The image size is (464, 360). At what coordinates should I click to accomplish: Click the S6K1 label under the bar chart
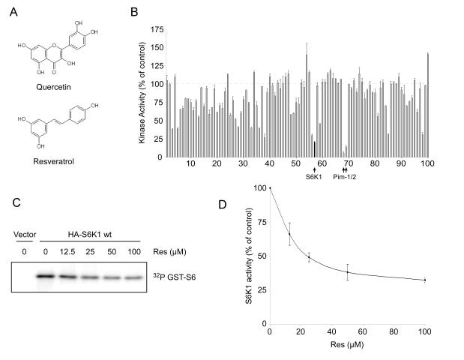(x=314, y=178)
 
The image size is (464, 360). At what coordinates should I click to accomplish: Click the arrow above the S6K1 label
(x=314, y=169)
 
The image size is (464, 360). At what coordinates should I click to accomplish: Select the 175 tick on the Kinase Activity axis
(x=157, y=28)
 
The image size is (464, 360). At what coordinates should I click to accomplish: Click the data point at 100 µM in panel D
(x=425, y=280)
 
